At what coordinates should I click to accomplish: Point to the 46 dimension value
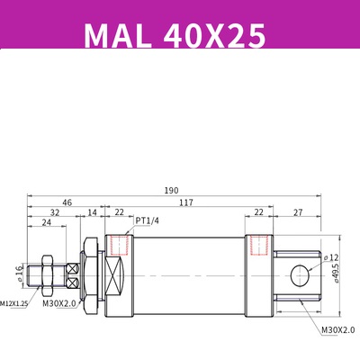[x=67, y=202]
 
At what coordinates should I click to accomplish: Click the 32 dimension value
[x=56, y=213]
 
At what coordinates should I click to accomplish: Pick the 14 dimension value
[x=93, y=213]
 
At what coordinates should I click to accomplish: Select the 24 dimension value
[x=44, y=225]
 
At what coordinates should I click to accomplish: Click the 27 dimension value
[x=298, y=213]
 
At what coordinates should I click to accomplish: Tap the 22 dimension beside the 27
[x=259, y=213]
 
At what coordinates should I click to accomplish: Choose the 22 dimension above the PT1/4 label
[x=120, y=213]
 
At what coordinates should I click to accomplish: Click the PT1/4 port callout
[x=148, y=220]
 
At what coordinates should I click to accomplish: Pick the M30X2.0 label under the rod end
[x=58, y=304]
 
